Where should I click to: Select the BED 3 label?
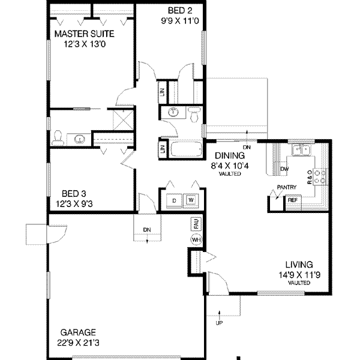pyautogui.click(x=77, y=194)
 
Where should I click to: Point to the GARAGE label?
pyautogui.click(x=77, y=332)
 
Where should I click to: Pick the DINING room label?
pyautogui.click(x=226, y=155)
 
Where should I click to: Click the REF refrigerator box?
pyautogui.click(x=292, y=200)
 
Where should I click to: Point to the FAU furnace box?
pyautogui.click(x=196, y=224)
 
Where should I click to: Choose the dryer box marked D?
pyautogui.click(x=175, y=200)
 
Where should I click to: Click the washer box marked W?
pyautogui.click(x=191, y=200)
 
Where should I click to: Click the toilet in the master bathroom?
pyautogui.click(x=58, y=137)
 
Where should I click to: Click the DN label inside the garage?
pyautogui.click(x=148, y=229)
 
